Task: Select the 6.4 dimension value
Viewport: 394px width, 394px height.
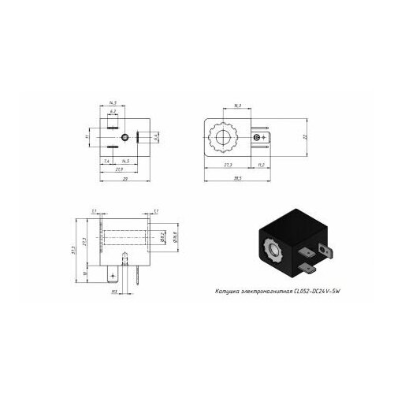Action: (157, 137)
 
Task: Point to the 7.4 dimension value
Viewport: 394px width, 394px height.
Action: (106, 161)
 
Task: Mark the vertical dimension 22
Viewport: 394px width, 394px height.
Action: (305, 137)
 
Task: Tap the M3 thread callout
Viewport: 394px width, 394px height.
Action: (114, 292)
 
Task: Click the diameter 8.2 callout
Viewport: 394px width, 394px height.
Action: (161, 236)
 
